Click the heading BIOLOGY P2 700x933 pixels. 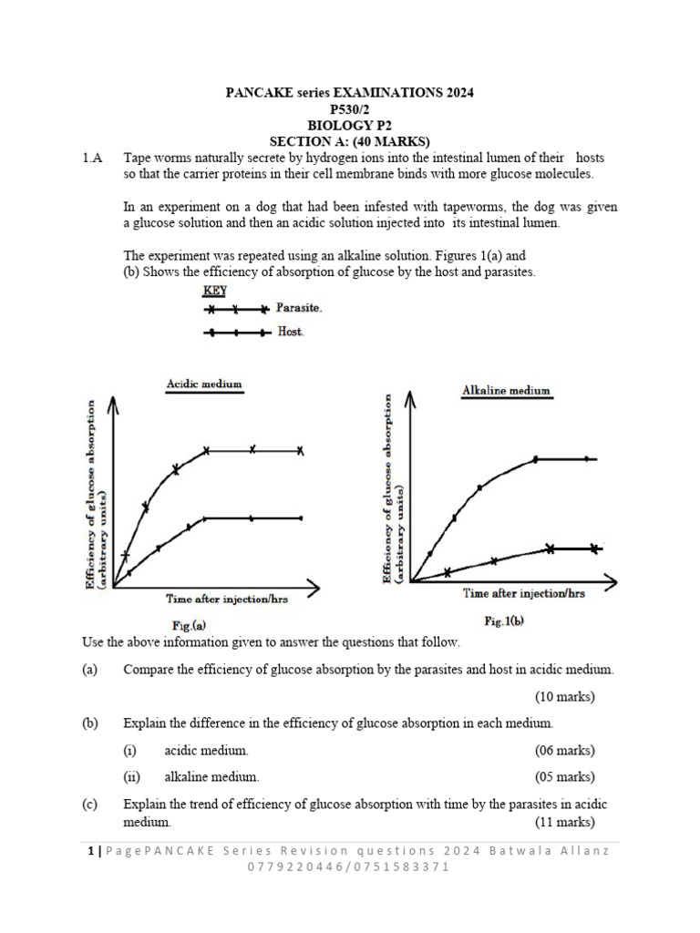click(x=350, y=126)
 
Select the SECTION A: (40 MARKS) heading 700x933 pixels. click(x=350, y=142)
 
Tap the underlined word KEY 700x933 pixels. click(x=215, y=291)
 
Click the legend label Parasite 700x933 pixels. click(x=299, y=309)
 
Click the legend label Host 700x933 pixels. click(x=290, y=333)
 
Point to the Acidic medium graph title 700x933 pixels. click(x=204, y=384)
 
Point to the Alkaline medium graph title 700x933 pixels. click(x=506, y=390)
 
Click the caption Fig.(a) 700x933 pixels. click(x=189, y=625)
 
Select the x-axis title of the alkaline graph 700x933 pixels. click(x=524, y=593)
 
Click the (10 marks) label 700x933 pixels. click(x=564, y=697)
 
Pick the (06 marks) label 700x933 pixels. click(x=564, y=751)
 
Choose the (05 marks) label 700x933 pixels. click(x=564, y=777)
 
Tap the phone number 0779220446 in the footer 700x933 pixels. click(x=294, y=866)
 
